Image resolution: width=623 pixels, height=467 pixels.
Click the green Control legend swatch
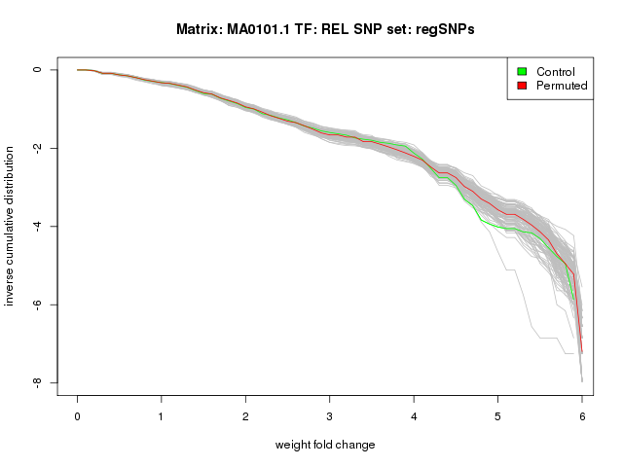523,71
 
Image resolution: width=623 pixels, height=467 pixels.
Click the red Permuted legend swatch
523,86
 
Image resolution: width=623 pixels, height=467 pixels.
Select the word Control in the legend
556,72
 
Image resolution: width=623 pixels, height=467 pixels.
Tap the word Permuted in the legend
562,86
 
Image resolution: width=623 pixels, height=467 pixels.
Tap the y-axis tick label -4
36,227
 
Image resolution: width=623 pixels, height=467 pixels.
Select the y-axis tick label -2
36,148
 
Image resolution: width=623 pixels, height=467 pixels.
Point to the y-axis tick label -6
36,305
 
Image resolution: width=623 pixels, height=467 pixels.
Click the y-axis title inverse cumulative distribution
11,226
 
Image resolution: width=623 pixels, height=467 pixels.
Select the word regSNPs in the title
446,30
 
